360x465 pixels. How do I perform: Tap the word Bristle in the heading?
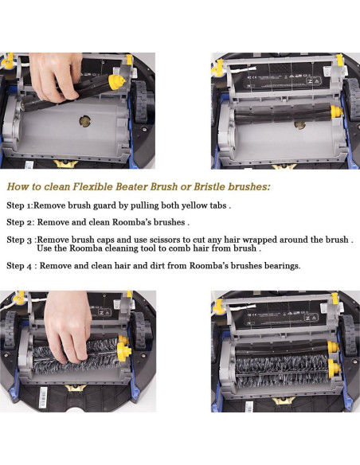[x=209, y=186]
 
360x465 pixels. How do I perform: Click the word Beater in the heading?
[x=131, y=186]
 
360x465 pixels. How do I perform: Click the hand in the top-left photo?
[x=57, y=76]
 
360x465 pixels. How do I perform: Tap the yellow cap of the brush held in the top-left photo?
[x=116, y=81]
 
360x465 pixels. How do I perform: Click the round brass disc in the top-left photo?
[x=84, y=121]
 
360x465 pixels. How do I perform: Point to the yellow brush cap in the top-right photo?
[x=336, y=111]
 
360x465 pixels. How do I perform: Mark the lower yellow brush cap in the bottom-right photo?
[x=335, y=368]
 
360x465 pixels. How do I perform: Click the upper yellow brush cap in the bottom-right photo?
[x=333, y=347]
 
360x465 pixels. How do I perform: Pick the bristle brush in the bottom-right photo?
[x=282, y=371]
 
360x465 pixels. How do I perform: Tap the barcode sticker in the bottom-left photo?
[x=43, y=397]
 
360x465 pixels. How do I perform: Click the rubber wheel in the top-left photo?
[x=141, y=101]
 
